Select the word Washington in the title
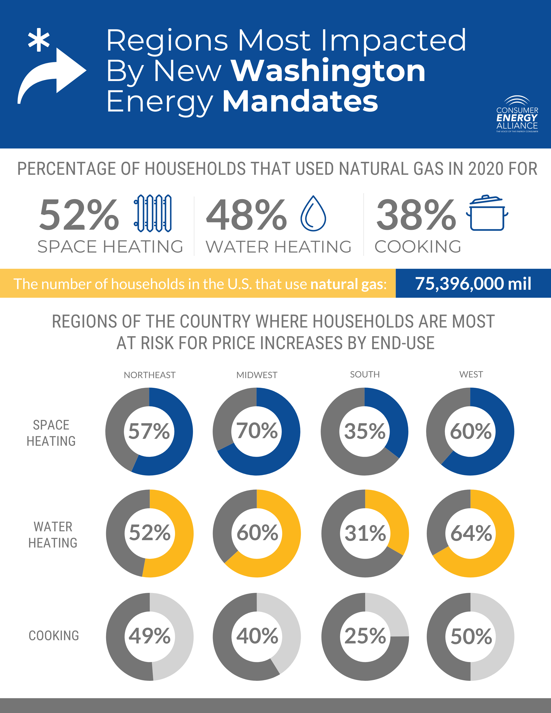click(328, 71)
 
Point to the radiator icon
click(152, 213)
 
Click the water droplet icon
click(313, 214)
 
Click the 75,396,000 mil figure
click(473, 283)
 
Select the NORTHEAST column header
click(150, 375)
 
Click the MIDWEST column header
click(256, 375)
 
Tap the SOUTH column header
click(365, 374)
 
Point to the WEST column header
click(471, 374)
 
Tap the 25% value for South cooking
click(365, 636)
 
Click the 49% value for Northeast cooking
click(150, 636)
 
